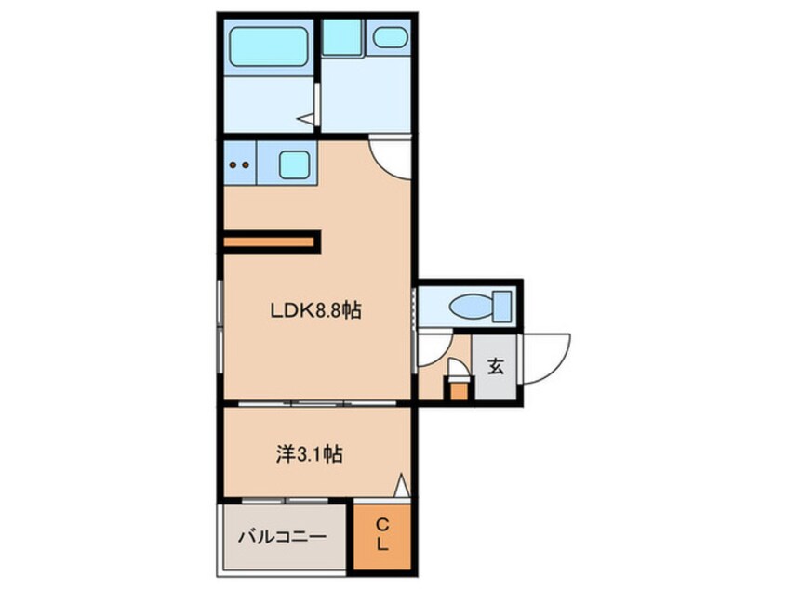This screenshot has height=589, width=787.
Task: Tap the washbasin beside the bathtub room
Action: pyautogui.click(x=389, y=38)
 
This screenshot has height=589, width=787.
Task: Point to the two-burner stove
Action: pyautogui.click(x=239, y=166)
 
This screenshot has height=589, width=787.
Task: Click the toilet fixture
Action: pyautogui.click(x=474, y=305)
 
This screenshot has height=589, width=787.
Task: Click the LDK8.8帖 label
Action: pyautogui.click(x=315, y=312)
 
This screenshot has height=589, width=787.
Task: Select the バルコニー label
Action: pyautogui.click(x=281, y=536)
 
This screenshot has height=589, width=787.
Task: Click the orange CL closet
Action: pyautogui.click(x=381, y=536)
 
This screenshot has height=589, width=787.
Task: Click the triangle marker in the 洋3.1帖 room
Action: pyautogui.click(x=401, y=485)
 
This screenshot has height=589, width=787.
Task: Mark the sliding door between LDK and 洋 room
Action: pyautogui.click(x=315, y=404)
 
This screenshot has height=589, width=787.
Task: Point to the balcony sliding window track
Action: pyautogui.click(x=284, y=503)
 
